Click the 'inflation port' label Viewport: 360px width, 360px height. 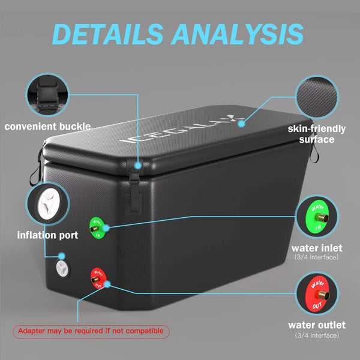point(48,235)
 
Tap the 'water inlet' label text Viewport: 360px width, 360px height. point(317,248)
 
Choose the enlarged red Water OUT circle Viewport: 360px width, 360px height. point(317,294)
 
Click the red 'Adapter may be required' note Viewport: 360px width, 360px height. point(91,331)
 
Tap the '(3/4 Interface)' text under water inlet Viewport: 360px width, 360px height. point(317,258)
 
